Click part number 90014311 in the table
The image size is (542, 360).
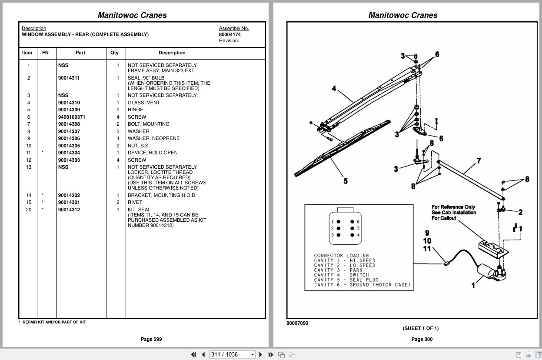(69, 78)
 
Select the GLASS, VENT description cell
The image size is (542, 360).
(143, 103)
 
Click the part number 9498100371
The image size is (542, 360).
(72, 117)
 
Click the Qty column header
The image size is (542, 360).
(114, 53)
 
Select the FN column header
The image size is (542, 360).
(45, 53)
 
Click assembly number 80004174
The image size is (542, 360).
(229, 34)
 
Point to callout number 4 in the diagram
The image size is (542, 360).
(334, 89)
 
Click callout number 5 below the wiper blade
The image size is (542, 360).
(346, 181)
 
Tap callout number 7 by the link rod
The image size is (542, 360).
(479, 161)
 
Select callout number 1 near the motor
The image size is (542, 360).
(473, 285)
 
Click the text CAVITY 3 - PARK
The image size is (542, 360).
(338, 270)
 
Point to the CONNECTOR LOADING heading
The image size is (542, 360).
(341, 256)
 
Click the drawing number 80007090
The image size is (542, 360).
(297, 323)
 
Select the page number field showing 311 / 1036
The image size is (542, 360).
(232, 354)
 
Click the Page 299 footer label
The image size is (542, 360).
(151, 339)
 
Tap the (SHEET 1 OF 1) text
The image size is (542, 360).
(420, 328)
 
